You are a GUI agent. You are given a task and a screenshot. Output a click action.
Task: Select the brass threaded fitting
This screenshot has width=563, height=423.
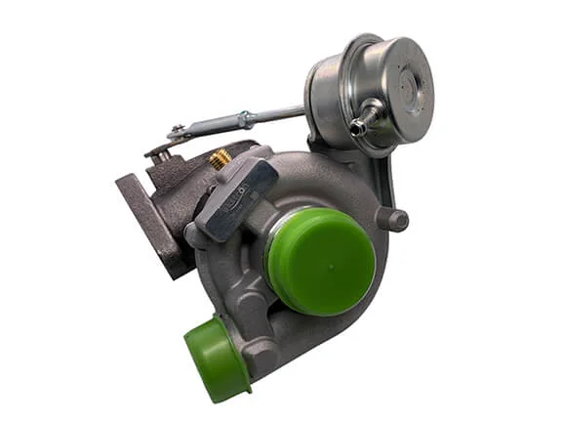(221, 158)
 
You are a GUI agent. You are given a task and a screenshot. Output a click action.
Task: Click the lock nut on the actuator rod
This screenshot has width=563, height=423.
(246, 119)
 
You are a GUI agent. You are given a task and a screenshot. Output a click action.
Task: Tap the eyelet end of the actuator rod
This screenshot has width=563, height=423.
(177, 132)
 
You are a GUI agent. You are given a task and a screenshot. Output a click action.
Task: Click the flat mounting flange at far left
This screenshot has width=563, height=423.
(146, 220)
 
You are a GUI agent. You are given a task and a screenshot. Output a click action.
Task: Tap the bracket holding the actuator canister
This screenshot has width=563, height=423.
(381, 176)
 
